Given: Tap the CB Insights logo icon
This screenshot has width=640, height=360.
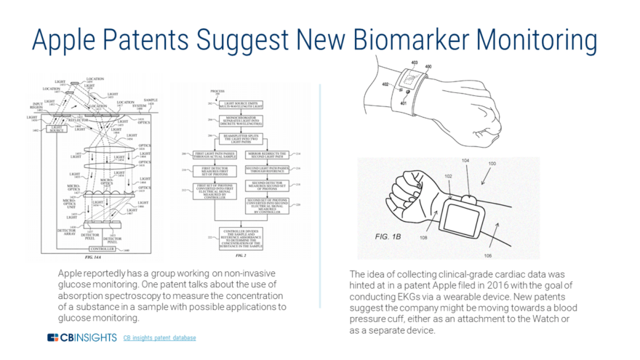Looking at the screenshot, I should point(52,337).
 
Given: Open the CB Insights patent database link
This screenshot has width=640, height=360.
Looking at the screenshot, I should point(159,338).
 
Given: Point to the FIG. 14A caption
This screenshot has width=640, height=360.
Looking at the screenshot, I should point(95,258).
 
